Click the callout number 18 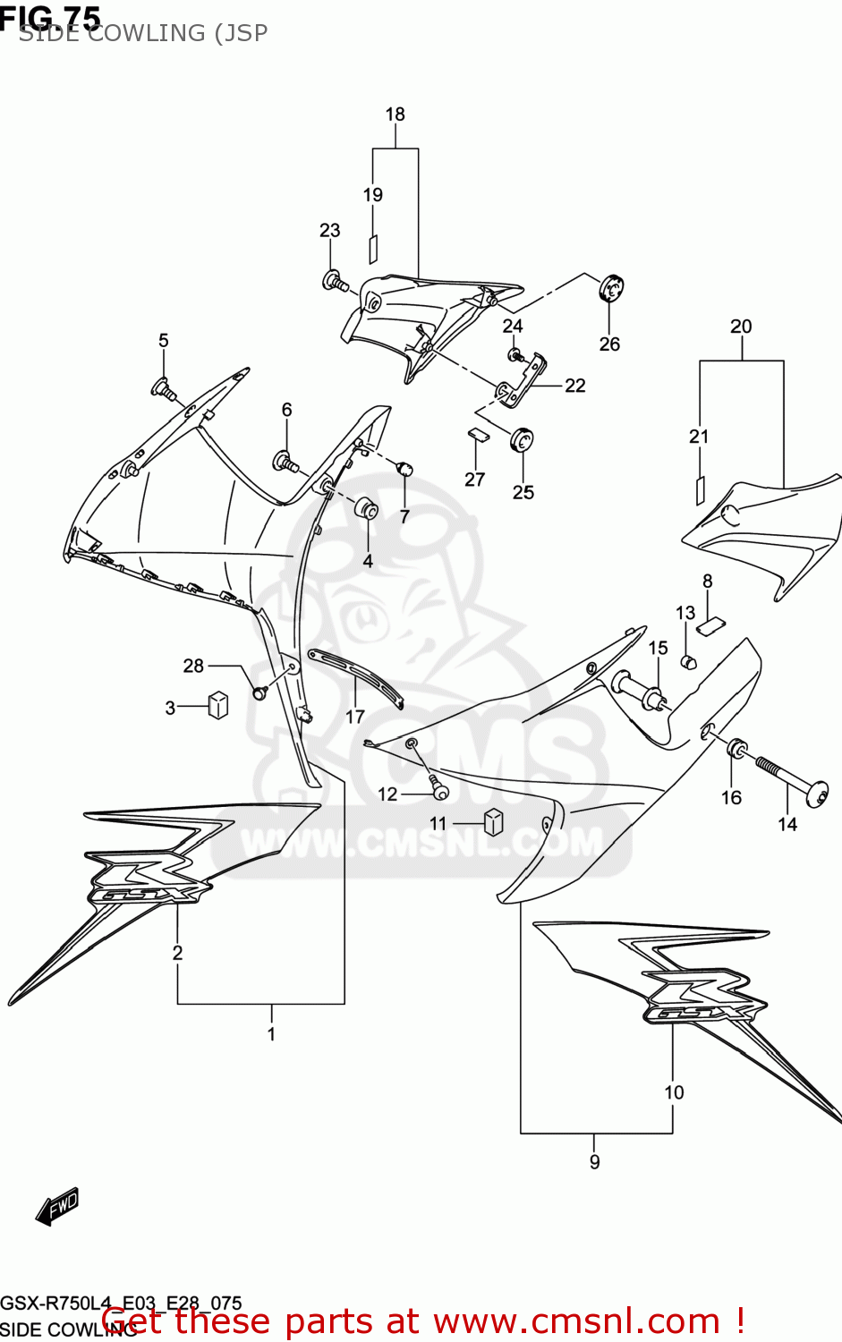tap(395, 115)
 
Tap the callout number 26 tap(609, 344)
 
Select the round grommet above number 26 tap(611, 288)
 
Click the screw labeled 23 tap(336, 282)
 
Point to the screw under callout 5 tap(163, 388)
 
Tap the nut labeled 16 tap(736, 748)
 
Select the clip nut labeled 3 tap(218, 705)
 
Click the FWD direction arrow tap(57, 1207)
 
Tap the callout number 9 tap(595, 1162)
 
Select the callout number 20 tap(741, 327)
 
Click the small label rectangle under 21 tap(700, 489)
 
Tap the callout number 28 tap(193, 666)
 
